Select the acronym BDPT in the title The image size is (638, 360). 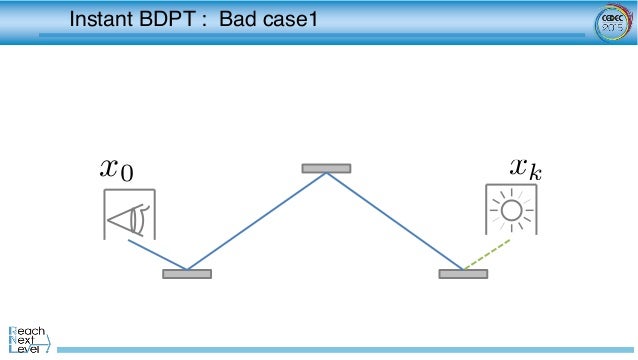pos(170,18)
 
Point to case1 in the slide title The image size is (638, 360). pos(286,18)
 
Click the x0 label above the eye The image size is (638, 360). pos(117,170)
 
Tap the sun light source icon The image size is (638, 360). pos(513,210)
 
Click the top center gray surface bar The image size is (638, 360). pos(326,168)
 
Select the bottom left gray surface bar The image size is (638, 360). pos(187,273)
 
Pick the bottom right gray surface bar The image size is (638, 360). pos(463,273)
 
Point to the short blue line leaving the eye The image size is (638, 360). pos(155,254)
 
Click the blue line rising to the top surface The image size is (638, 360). pos(256,221)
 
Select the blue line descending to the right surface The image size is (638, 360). pos(395,221)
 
